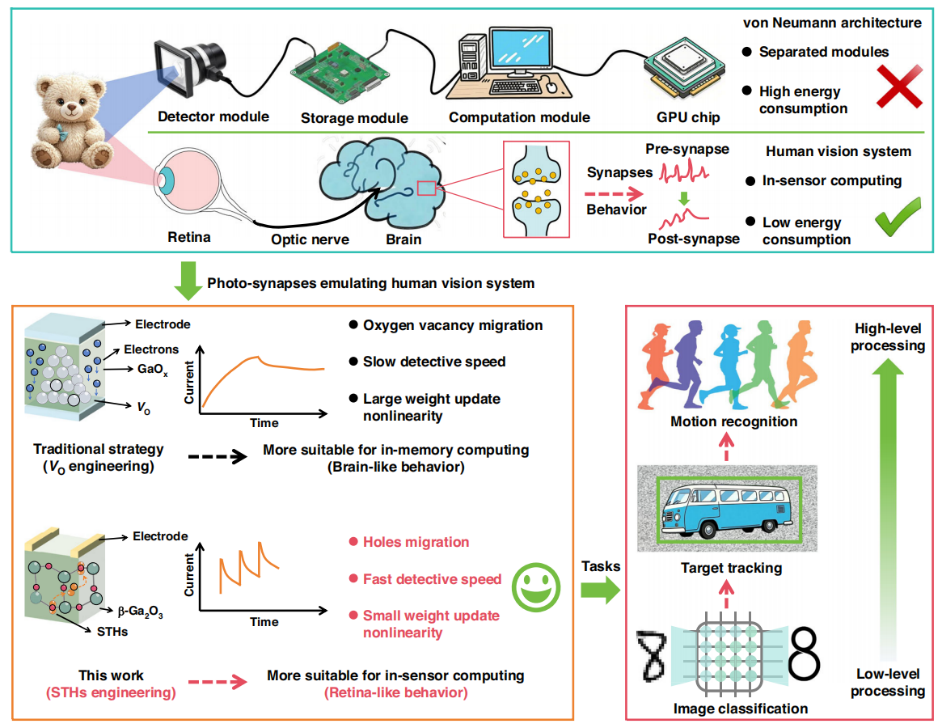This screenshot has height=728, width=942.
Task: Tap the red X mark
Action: [899, 86]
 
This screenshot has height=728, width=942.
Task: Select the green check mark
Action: [898, 216]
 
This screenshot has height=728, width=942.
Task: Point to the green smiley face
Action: [536, 587]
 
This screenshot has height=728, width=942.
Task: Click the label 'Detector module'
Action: [213, 117]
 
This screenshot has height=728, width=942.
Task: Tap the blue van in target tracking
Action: [726, 509]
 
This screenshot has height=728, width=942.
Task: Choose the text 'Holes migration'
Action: [416, 542]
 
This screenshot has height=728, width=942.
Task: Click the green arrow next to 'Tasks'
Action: [600, 590]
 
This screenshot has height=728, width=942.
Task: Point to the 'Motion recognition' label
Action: [734, 422]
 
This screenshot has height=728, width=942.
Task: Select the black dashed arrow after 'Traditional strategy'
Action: [217, 457]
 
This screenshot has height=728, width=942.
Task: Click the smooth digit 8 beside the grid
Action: [804, 654]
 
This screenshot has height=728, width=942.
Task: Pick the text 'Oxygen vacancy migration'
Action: [453, 326]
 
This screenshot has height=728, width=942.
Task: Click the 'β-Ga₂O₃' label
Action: [140, 611]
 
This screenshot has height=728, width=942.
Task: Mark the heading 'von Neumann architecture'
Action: [832, 23]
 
